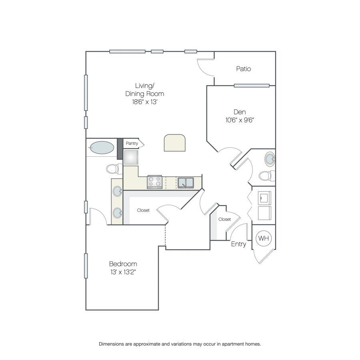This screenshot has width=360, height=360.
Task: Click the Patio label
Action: (243, 69)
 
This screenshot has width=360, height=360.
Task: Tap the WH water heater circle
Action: (263, 238)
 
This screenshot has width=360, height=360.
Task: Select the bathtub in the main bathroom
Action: (102, 148)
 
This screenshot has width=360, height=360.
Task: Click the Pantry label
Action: (132, 143)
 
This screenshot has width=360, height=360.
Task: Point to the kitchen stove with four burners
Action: (155, 182)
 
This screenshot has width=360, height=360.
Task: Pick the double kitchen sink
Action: (186, 183)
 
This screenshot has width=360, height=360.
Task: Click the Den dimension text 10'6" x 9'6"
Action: (240, 120)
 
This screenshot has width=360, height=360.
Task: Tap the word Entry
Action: (238, 244)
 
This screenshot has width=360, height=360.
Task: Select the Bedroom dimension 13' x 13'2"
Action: (123, 272)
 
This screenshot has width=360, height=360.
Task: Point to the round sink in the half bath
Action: (270, 159)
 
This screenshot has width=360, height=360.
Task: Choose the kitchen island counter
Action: (175, 143)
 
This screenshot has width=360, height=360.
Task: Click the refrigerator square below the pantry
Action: (131, 157)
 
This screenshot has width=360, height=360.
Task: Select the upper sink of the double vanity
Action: (118, 191)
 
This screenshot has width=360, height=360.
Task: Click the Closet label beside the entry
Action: (224, 219)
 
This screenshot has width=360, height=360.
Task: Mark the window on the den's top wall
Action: (252, 86)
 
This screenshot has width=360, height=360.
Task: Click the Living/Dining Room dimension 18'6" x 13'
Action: (145, 102)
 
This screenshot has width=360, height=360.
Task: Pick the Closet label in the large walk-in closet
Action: (143, 210)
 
